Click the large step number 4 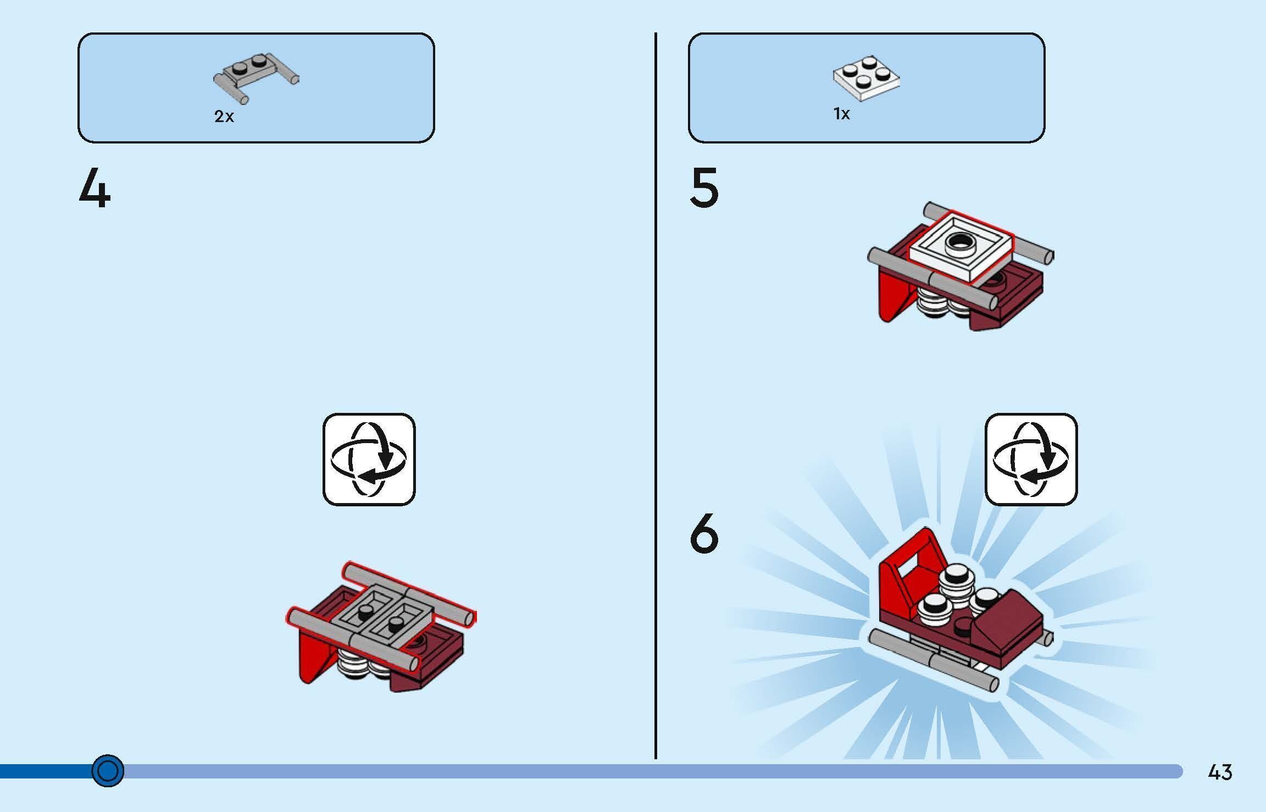point(95,188)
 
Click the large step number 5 point(704,188)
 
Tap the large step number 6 point(704,533)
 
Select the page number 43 point(1220,772)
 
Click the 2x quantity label point(224,117)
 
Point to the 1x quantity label point(842,114)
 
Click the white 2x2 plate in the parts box point(866,78)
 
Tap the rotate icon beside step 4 point(369,459)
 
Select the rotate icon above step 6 point(1031,459)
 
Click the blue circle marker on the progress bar point(108,771)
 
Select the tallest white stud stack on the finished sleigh point(957,584)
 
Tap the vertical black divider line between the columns point(656,396)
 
